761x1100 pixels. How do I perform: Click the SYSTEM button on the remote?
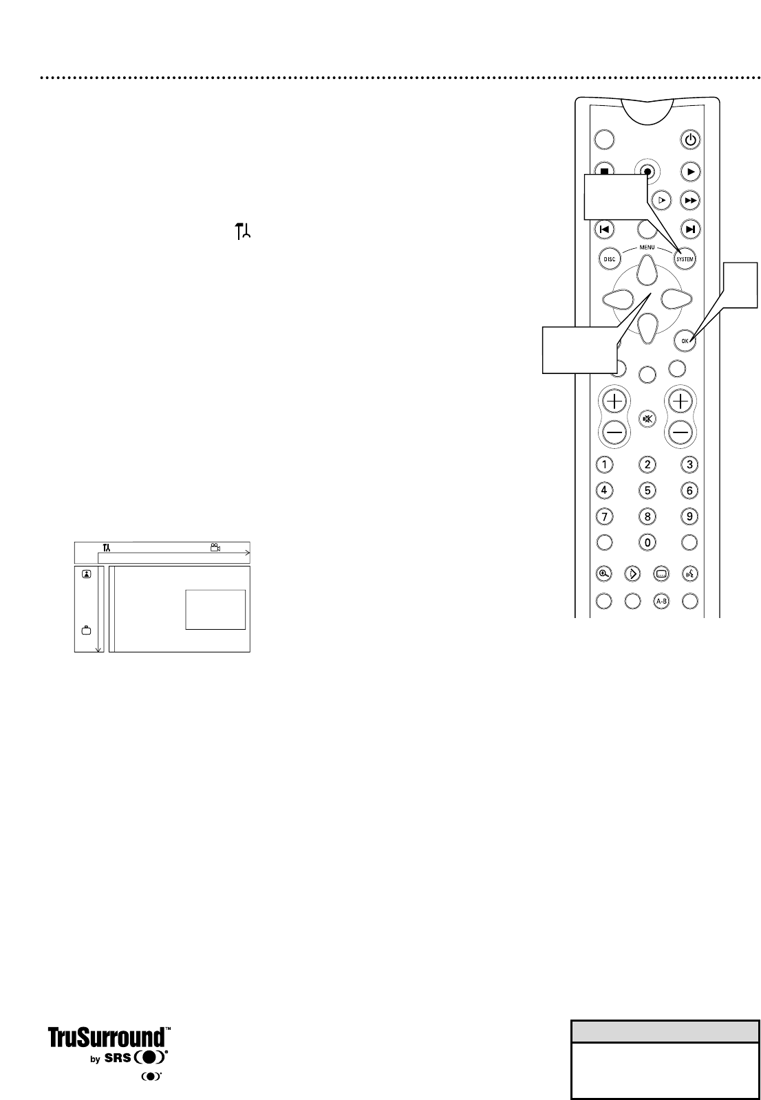(x=685, y=259)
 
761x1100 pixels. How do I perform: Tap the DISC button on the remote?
(x=609, y=259)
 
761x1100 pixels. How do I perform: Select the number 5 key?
(x=647, y=490)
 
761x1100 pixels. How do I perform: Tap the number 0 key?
(x=647, y=542)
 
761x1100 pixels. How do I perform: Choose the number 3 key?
(x=690, y=464)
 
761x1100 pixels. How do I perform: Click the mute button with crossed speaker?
(x=647, y=419)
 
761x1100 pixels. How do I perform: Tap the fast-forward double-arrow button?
(x=690, y=200)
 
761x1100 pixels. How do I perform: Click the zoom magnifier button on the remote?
(x=604, y=573)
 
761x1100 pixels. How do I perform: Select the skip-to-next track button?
(x=690, y=229)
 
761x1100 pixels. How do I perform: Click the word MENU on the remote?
(x=647, y=247)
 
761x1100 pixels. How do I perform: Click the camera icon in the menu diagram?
(x=215, y=547)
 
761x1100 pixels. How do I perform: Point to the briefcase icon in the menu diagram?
(x=87, y=629)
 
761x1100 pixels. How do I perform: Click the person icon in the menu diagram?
(x=87, y=574)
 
